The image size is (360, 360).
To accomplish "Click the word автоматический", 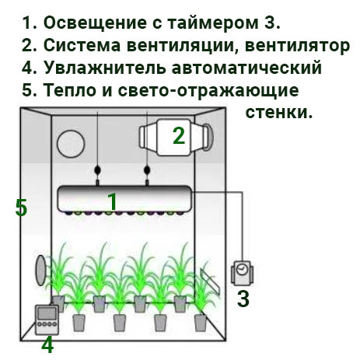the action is (246, 68).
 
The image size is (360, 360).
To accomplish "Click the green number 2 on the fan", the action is (179, 136).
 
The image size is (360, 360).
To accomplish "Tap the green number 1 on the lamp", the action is (113, 201).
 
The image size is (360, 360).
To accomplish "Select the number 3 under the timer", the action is (243, 299).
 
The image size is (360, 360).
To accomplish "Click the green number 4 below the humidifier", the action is (47, 345).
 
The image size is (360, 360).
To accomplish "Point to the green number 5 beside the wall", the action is (21, 208).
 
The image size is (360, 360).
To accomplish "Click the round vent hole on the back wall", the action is (71, 144).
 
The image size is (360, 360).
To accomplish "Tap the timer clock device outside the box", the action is (242, 273).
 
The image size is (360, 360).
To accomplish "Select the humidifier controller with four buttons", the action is (47, 320).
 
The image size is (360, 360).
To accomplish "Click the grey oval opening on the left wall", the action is (41, 271).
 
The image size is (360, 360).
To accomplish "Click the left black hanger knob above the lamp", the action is (98, 170).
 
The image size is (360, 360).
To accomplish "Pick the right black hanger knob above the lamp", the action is (147, 170).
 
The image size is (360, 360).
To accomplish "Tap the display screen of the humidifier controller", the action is (47, 313).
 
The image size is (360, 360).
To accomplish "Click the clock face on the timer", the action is (242, 269).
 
